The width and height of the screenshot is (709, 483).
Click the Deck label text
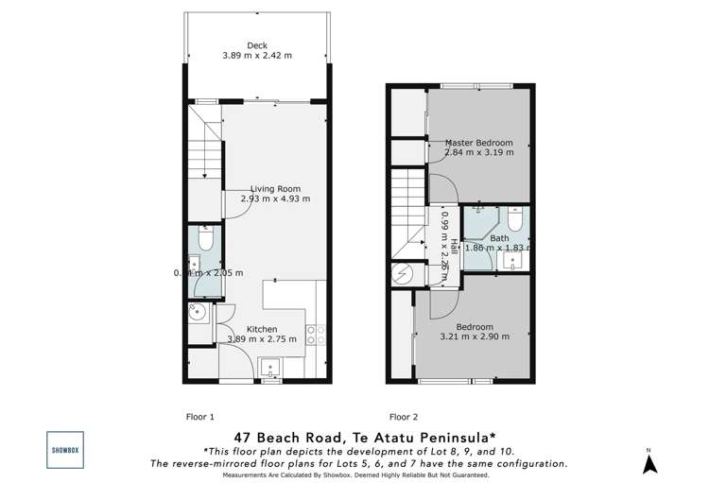(x=257, y=44)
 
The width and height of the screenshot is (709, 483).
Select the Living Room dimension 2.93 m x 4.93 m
(x=275, y=199)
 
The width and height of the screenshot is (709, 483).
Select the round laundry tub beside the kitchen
(x=199, y=312)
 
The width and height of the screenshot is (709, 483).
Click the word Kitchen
(x=262, y=329)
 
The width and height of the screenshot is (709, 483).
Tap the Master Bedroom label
(x=479, y=143)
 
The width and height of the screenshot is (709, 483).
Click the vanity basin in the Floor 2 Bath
(x=513, y=263)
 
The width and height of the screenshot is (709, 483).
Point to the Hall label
(x=454, y=246)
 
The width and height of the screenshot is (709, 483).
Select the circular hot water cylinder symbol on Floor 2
(x=401, y=275)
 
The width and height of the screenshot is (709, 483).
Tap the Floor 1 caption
(x=199, y=415)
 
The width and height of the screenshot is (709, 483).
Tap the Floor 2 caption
(x=403, y=415)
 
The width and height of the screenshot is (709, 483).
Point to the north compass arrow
(x=649, y=462)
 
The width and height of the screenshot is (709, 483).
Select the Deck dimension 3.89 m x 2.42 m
(x=257, y=56)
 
